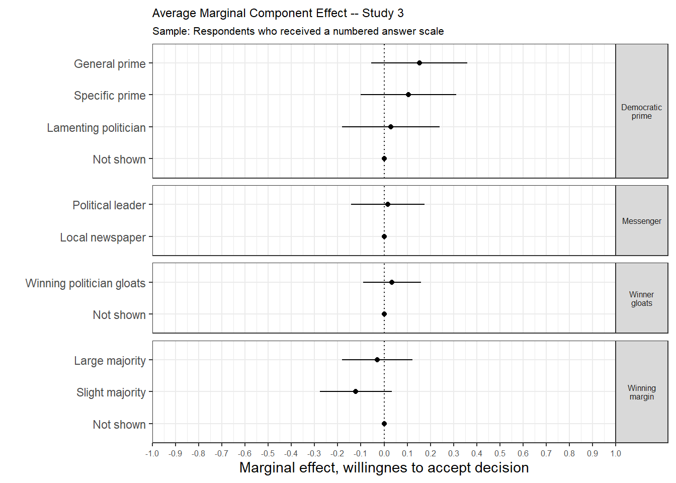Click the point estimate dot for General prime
click(x=419, y=63)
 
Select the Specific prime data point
click(x=408, y=95)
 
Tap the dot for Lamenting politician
click(x=391, y=127)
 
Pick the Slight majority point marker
click(x=356, y=391)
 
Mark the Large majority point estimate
click(x=377, y=360)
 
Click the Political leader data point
click(x=388, y=204)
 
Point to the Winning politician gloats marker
click(x=392, y=282)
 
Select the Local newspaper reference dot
click(x=384, y=236)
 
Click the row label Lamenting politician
click(x=96, y=128)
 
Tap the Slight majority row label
click(x=111, y=392)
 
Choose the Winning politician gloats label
click(x=86, y=283)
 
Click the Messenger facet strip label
click(x=641, y=221)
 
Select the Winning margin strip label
click(x=641, y=392)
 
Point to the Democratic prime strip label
click(x=641, y=112)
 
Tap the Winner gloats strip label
click(x=641, y=299)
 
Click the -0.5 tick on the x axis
click(x=268, y=453)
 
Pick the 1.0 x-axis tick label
click(x=616, y=453)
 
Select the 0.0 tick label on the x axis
click(x=384, y=453)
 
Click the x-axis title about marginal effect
click(x=384, y=468)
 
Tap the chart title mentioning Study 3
click(x=278, y=13)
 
